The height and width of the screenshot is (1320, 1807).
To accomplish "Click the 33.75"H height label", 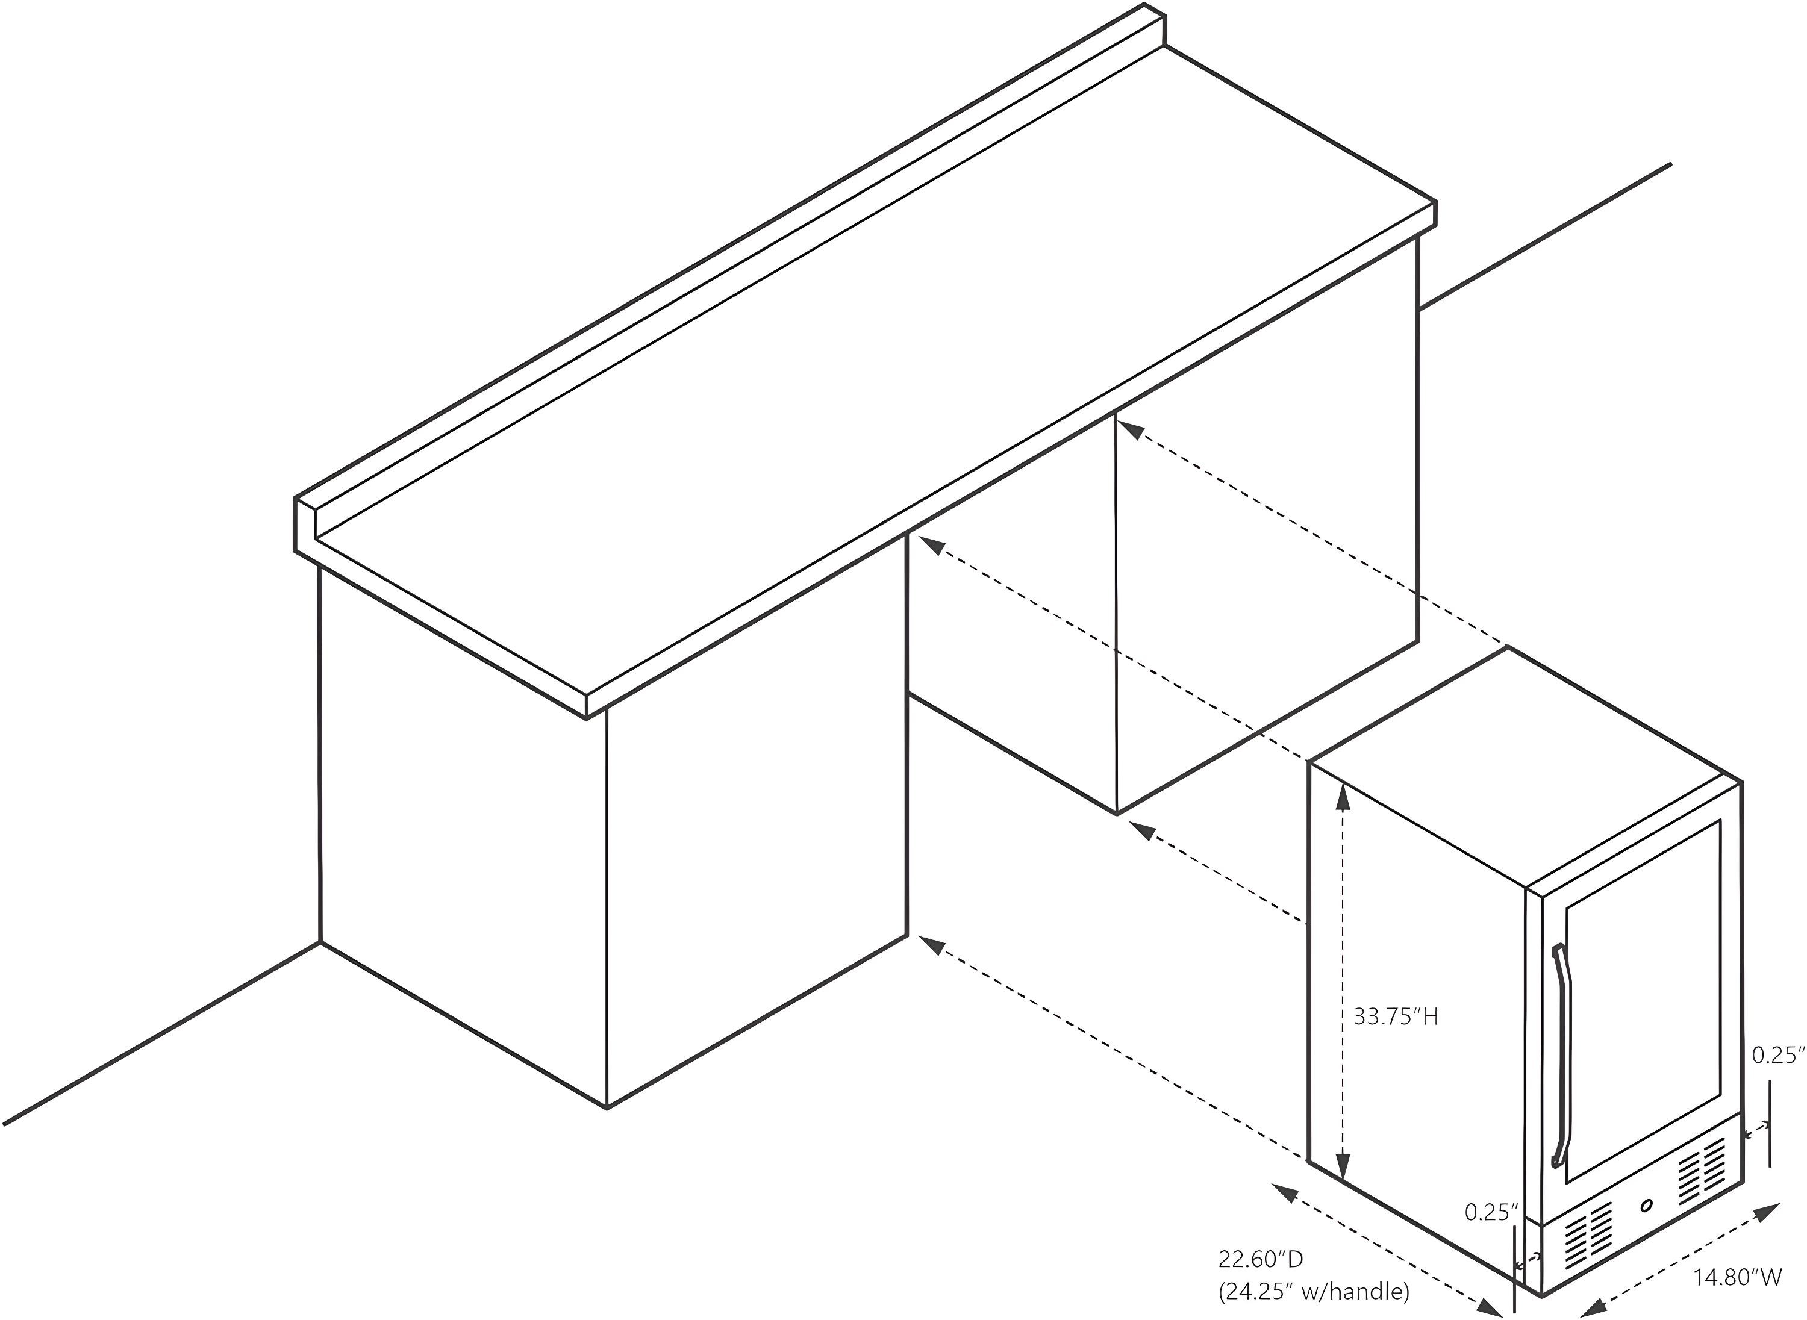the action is (1396, 1017).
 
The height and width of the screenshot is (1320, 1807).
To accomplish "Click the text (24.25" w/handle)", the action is (1314, 1291).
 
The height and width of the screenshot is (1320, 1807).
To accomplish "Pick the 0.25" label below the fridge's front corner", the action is (1491, 1213).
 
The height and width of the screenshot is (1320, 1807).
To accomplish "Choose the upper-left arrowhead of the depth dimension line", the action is (1284, 1192).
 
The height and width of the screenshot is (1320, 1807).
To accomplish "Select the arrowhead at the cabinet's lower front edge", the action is (932, 945).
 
